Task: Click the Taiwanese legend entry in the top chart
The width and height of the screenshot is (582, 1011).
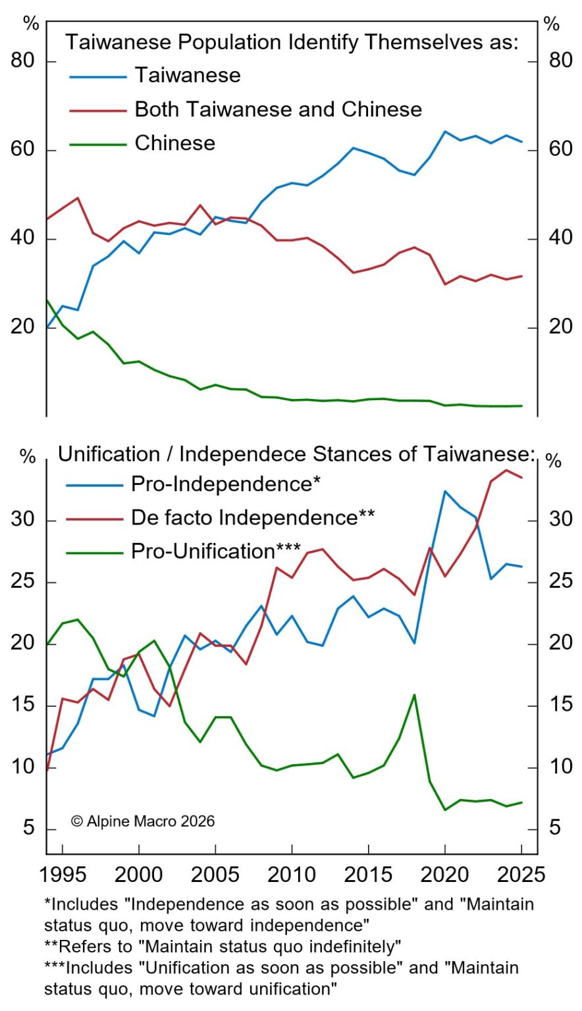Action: click(188, 75)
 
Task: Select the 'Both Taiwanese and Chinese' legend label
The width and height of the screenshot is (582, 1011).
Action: click(278, 109)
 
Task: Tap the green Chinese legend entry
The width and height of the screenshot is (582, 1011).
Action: click(174, 143)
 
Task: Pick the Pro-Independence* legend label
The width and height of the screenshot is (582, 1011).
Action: click(225, 484)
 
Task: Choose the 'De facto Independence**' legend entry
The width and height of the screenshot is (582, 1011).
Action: click(252, 517)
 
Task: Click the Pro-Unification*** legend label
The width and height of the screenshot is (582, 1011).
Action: click(215, 551)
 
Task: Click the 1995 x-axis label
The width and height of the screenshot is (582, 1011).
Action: click(63, 875)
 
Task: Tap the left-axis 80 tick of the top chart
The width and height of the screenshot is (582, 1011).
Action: click(23, 61)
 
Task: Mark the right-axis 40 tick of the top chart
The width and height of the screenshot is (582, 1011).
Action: click(560, 238)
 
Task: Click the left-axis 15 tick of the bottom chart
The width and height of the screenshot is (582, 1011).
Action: click(23, 706)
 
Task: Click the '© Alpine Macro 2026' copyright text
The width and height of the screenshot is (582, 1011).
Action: click(143, 821)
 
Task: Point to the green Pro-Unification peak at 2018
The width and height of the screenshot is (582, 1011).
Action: click(414, 694)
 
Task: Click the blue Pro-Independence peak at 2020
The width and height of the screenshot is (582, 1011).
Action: click(445, 491)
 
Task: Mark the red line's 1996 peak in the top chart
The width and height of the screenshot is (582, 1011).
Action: click(78, 197)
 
